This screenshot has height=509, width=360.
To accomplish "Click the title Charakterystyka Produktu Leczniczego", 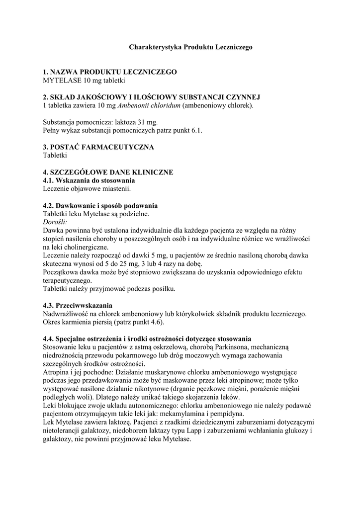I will (191, 47).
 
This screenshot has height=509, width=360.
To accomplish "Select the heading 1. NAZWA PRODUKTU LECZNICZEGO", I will (110, 72).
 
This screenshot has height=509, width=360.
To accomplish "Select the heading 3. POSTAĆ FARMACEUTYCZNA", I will (98, 147).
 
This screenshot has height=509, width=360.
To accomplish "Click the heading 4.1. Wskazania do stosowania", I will (89, 180).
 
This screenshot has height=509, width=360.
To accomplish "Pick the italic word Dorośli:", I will (55, 222).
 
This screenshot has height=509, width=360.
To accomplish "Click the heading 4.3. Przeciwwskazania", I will (78, 304).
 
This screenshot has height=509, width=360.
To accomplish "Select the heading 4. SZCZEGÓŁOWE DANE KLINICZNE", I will (108, 172).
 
